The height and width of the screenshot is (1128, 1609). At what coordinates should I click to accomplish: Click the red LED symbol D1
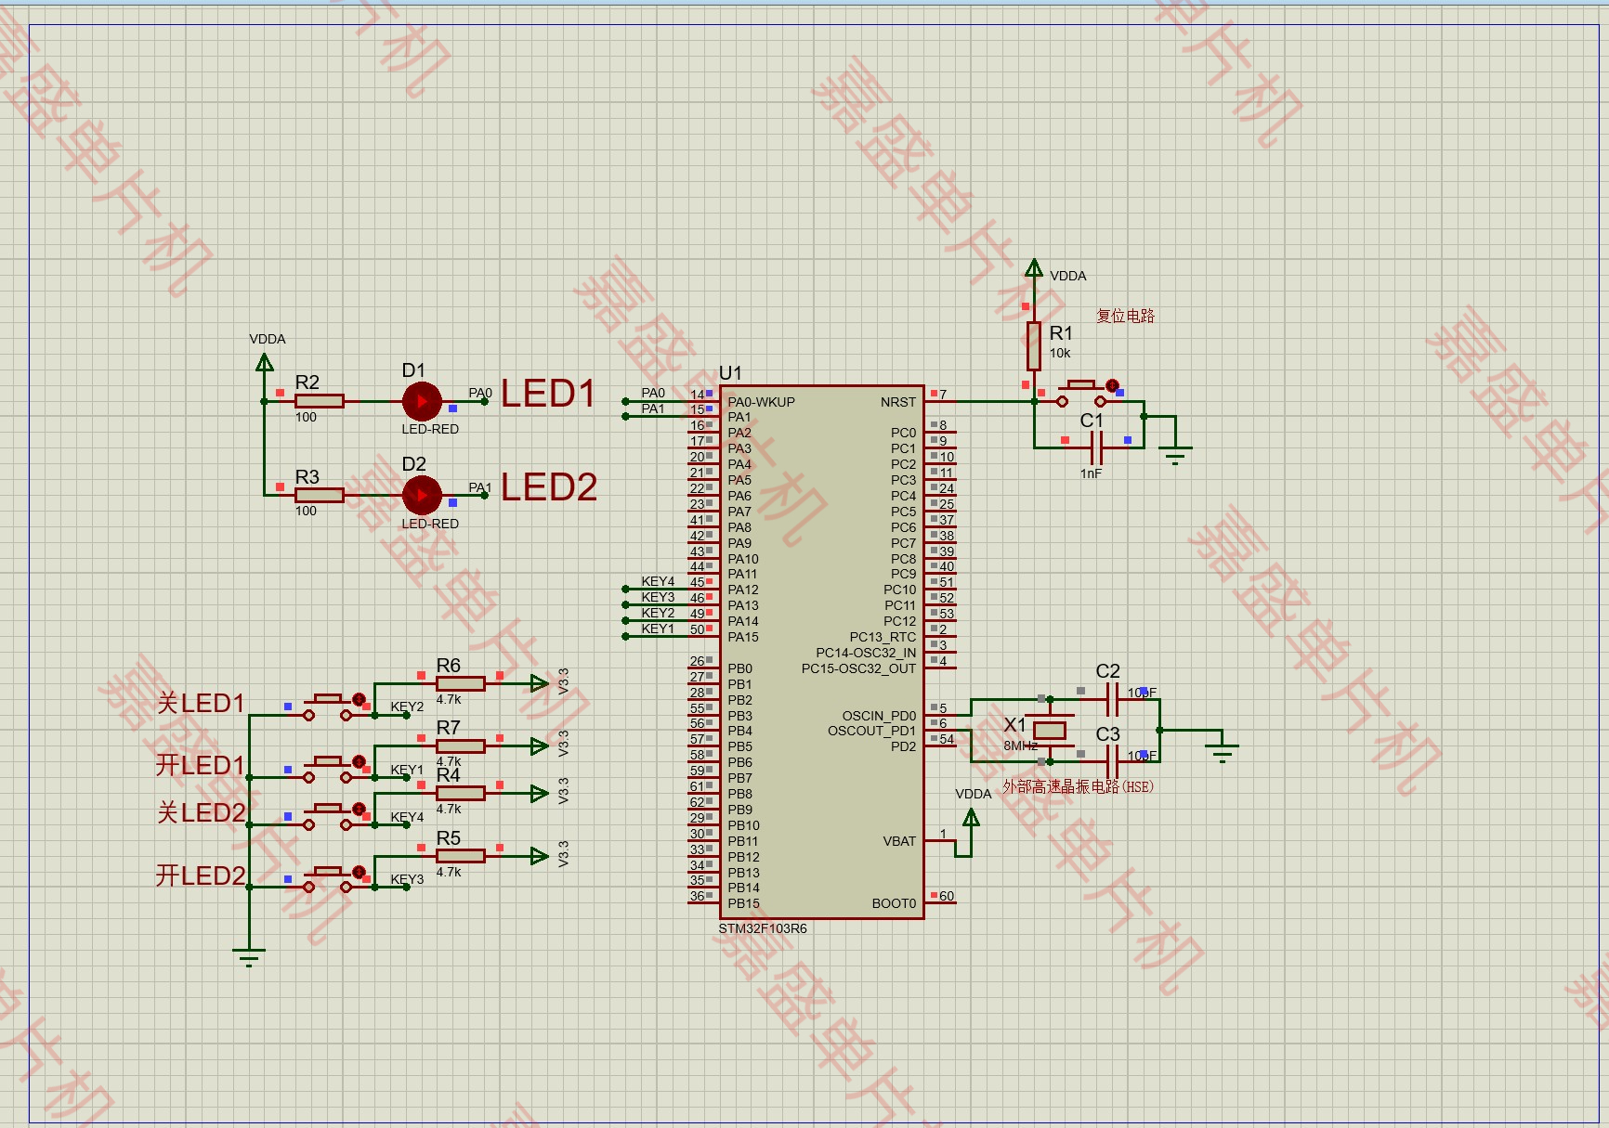click(422, 401)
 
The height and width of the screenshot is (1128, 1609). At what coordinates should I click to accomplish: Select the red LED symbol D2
click(422, 495)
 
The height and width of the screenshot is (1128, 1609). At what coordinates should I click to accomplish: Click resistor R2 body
click(319, 401)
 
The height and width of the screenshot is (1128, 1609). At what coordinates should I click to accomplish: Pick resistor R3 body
click(319, 495)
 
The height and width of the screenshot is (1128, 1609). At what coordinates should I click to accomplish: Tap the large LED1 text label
click(548, 394)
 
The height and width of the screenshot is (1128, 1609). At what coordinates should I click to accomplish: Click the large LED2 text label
click(549, 487)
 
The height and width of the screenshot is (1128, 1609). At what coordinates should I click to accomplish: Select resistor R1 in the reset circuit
click(1033, 346)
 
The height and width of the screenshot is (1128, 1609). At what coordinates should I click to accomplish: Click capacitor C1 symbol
click(1096, 447)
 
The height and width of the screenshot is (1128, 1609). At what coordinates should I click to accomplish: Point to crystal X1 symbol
click(1050, 730)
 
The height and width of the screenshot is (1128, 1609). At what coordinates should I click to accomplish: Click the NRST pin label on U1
click(897, 402)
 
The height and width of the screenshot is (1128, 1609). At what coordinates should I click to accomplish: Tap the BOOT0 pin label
click(894, 903)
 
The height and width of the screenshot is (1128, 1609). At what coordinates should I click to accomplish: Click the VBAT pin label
click(899, 841)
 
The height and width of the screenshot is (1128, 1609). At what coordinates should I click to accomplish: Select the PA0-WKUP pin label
click(761, 402)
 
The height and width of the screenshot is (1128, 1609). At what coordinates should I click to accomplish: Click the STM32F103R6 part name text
click(763, 928)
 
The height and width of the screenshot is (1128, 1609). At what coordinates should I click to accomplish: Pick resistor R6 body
click(460, 683)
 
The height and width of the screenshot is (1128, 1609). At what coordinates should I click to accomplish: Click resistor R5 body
click(460, 856)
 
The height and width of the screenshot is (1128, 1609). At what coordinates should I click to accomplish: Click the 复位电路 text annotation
click(1125, 316)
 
